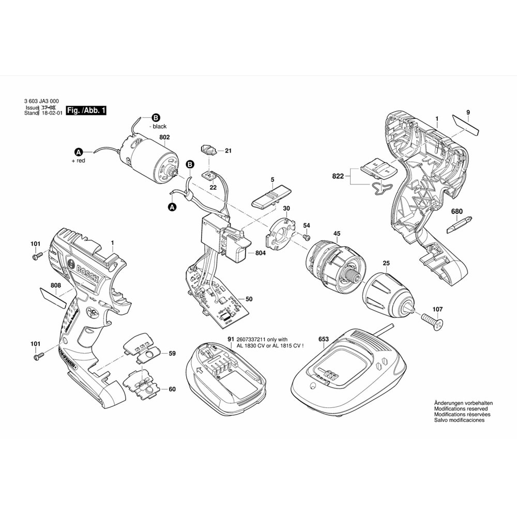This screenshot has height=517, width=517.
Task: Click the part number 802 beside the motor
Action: tap(164, 138)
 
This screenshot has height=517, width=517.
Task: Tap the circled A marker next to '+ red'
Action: tap(78, 152)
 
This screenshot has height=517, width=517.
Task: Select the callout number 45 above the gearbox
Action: tap(337, 234)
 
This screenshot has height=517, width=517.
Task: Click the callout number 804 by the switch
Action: tap(260, 253)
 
